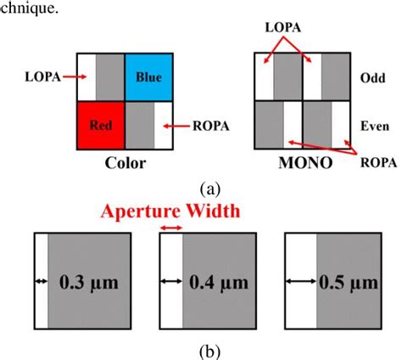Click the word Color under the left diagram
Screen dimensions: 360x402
pos(125,164)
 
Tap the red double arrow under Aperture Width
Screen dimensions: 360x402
pos(170,227)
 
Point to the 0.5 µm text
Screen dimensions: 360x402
pos(343,279)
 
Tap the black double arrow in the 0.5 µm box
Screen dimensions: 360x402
pos(300,279)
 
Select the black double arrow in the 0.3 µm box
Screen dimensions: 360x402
pos(39,279)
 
